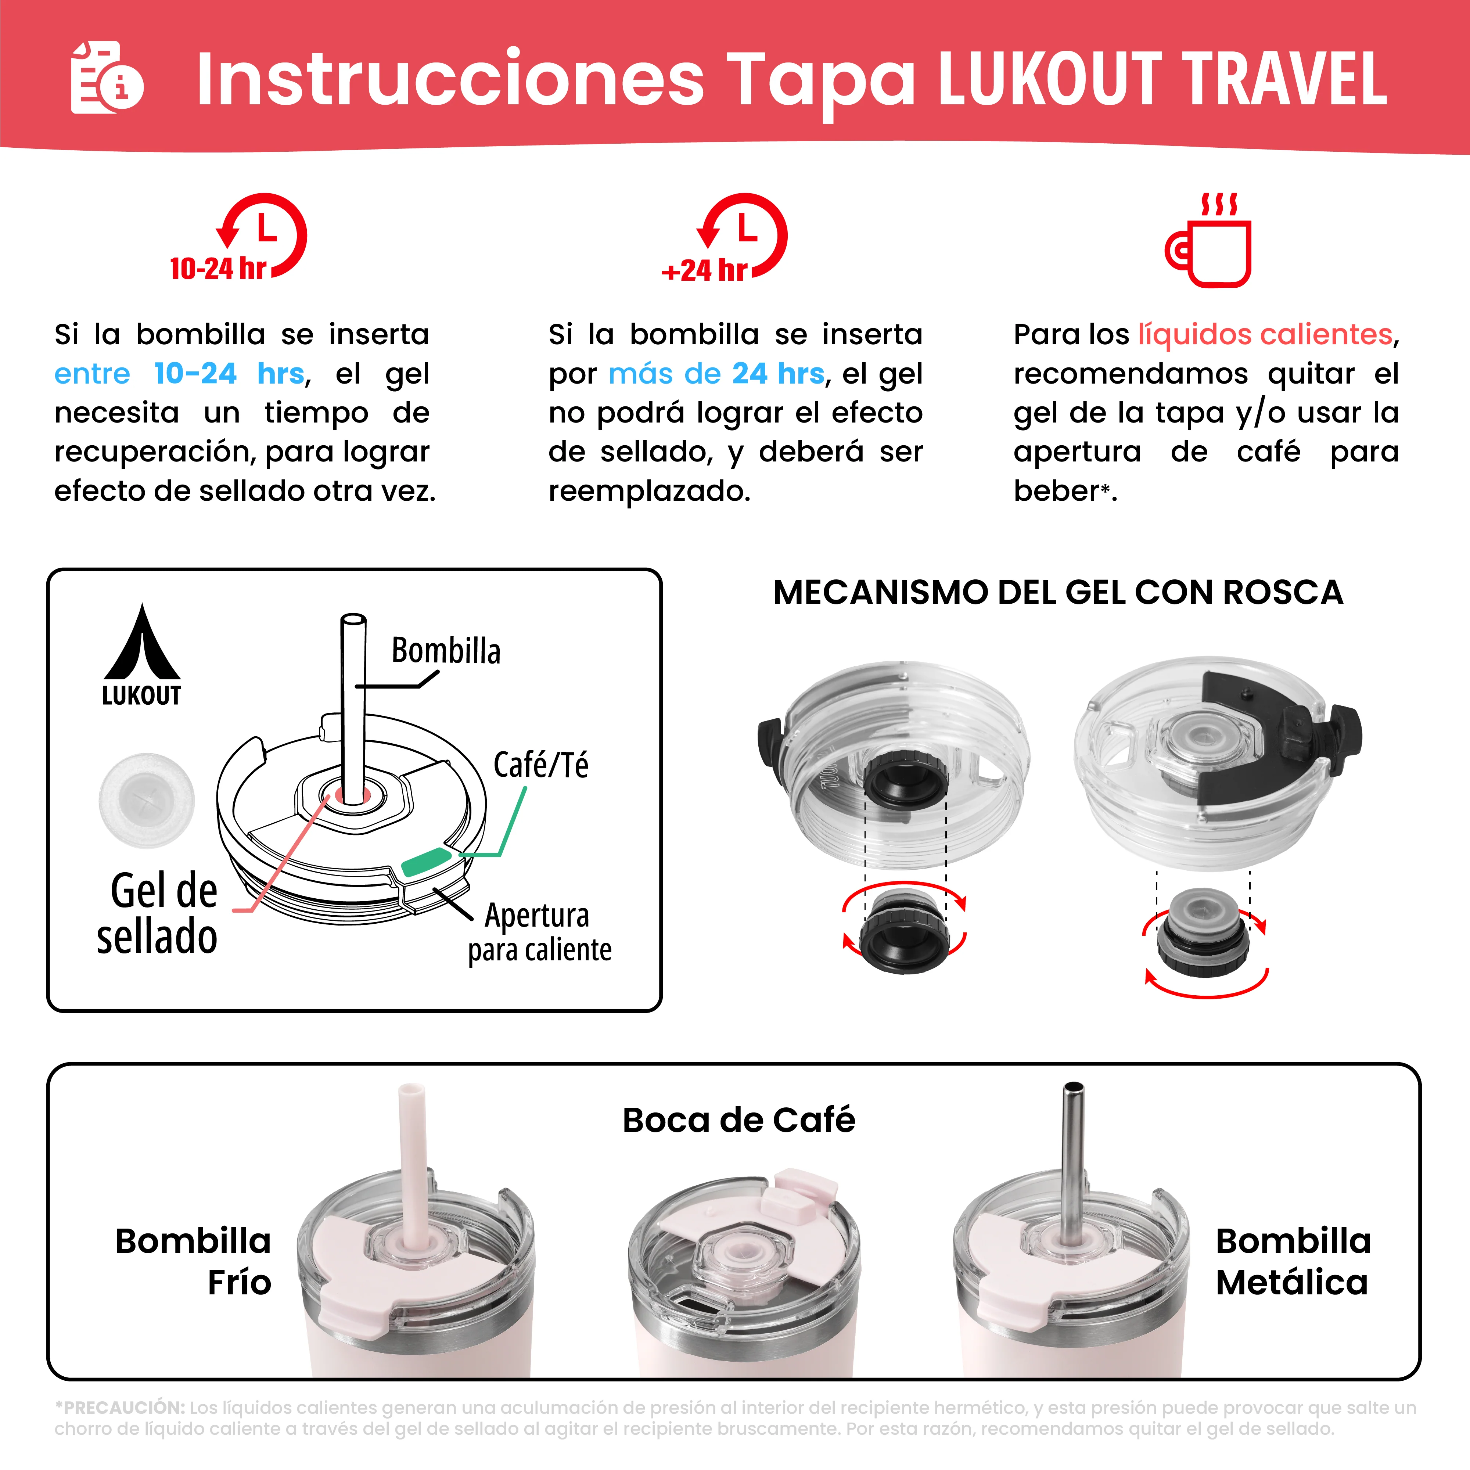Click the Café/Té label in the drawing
click(540, 765)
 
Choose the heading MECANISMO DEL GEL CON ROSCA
click(1058, 592)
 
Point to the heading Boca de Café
click(738, 1120)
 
